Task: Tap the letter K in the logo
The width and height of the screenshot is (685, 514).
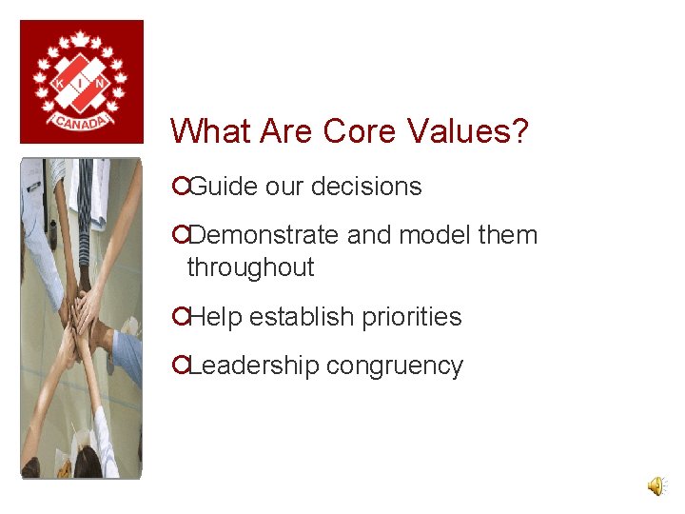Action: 60,85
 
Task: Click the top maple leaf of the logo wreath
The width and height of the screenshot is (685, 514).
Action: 81,39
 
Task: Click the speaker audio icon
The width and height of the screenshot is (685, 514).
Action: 656,486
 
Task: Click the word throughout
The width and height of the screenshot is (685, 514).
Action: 250,267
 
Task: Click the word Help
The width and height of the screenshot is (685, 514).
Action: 216,317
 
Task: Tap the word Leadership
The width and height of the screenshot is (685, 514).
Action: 252,366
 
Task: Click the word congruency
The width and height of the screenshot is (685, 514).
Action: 394,366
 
